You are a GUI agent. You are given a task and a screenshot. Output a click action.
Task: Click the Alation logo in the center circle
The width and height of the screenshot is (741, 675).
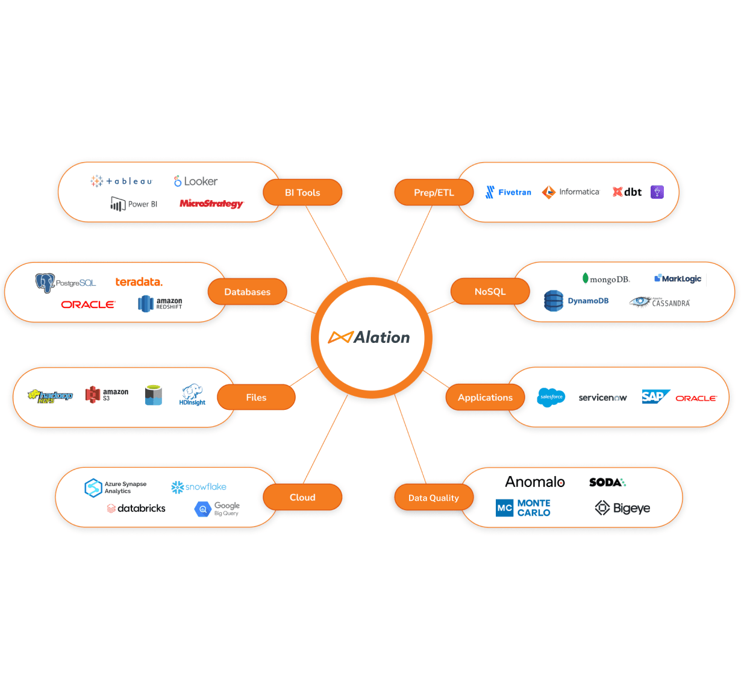pos(369,337)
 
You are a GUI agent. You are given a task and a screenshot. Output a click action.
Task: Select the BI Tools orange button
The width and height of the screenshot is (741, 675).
pos(302,192)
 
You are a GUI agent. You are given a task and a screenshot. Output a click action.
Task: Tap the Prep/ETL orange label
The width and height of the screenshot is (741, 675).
pos(434,192)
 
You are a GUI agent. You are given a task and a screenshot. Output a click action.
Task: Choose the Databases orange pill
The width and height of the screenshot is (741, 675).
pos(247,292)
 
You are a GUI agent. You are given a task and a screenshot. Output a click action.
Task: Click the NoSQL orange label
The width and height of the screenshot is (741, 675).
pos(490,292)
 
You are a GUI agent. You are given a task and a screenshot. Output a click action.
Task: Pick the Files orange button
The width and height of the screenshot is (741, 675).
pos(256,397)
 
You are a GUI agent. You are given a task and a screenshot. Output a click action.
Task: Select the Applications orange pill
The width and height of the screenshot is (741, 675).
pos(485,397)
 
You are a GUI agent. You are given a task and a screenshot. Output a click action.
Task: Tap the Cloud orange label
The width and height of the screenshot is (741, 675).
pos(302,497)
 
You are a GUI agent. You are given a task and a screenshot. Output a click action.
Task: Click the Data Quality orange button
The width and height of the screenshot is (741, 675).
pos(434,498)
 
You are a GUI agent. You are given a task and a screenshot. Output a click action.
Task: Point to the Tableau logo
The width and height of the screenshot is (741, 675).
pos(121,181)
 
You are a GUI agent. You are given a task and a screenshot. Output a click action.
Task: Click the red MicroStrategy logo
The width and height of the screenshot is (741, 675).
pos(211,204)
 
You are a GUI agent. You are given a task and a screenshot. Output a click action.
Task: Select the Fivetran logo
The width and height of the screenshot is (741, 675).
pos(508,192)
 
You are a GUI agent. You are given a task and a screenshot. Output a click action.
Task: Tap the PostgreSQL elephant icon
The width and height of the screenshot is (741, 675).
pos(45,283)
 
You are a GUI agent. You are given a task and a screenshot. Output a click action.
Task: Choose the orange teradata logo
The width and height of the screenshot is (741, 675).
pos(139,282)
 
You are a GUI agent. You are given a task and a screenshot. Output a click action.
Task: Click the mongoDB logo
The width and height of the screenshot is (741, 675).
pos(606,279)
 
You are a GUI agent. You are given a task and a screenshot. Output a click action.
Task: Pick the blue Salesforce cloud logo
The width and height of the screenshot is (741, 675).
pos(551,397)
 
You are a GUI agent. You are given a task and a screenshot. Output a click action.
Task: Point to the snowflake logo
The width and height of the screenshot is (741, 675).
pos(199,487)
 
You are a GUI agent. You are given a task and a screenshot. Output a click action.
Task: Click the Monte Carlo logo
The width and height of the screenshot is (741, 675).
pos(523,508)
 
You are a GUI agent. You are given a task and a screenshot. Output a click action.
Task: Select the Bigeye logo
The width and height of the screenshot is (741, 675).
pos(622,508)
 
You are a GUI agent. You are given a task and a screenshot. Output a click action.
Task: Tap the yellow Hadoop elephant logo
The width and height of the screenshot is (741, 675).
pos(50,396)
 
